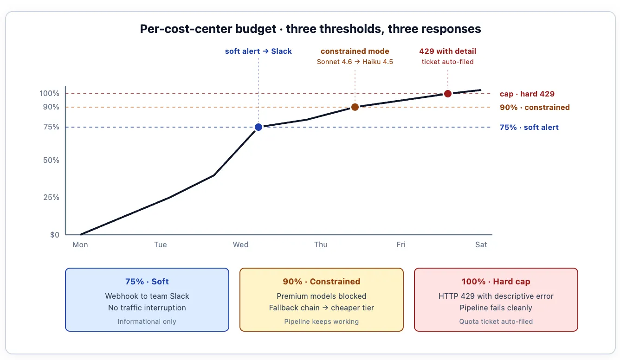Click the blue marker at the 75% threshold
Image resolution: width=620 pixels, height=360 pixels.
[258, 127]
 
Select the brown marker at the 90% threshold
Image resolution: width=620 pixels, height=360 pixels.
[355, 107]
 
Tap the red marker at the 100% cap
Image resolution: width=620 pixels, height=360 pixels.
[447, 94]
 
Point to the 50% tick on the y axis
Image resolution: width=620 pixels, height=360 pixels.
[51, 160]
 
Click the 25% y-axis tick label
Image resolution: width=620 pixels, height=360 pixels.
[51, 197]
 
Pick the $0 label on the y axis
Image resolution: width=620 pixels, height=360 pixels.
[54, 235]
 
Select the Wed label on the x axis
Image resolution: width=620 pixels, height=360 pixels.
[240, 244]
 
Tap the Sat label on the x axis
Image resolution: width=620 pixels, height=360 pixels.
[481, 244]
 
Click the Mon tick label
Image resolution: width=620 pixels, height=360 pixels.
[80, 244]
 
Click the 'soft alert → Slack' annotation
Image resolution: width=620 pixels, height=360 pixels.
[258, 51]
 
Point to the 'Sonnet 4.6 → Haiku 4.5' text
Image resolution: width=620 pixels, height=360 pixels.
[355, 62]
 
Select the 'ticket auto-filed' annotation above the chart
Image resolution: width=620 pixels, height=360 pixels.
[447, 62]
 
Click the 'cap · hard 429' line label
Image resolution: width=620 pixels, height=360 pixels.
[527, 94]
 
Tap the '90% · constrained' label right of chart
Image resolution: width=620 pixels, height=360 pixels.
[535, 107]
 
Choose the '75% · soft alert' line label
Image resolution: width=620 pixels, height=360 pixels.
[529, 127]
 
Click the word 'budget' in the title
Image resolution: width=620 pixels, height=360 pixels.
[256, 29]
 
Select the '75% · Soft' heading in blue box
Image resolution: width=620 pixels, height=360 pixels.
[147, 282]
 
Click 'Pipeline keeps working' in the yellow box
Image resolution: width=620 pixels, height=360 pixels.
[321, 321]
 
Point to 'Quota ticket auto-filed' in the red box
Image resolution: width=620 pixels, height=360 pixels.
[496, 321]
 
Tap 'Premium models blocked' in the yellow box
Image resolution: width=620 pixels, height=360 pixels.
[321, 296]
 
